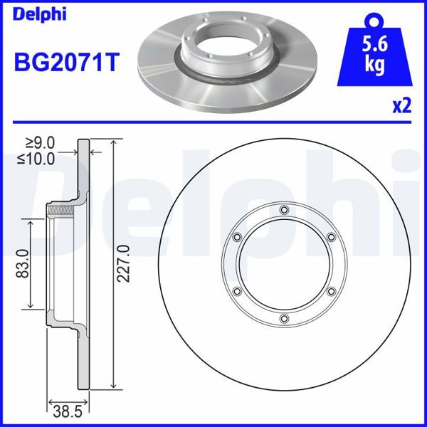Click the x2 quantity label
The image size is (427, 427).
402,106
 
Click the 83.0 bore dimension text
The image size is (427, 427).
23,264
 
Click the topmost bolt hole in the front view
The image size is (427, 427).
284,209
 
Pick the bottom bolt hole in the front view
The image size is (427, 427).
284,318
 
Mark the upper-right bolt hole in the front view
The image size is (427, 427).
331,237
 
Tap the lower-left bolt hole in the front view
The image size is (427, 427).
237,291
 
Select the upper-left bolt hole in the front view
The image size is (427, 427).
237,237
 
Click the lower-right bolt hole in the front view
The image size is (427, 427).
331,291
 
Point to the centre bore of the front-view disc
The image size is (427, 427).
284,264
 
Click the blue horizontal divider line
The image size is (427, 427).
213,121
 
